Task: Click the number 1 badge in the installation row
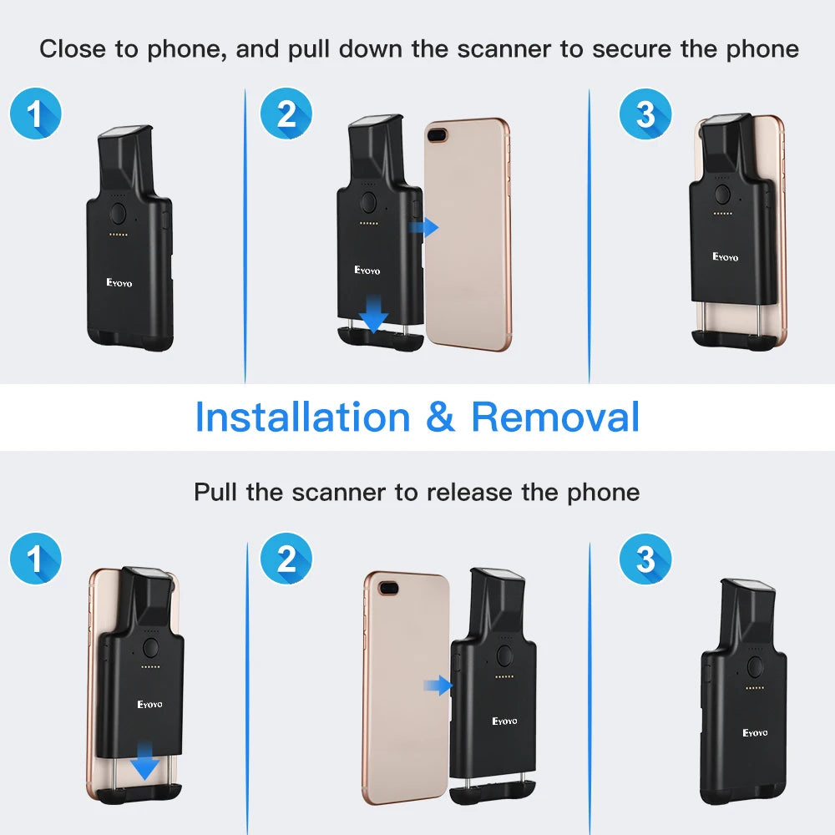click(x=35, y=114)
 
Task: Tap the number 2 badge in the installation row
click(x=286, y=114)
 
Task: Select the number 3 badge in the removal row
click(x=645, y=559)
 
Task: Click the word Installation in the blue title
click(x=302, y=417)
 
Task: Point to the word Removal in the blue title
click(x=555, y=417)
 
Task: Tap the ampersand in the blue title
click(x=440, y=417)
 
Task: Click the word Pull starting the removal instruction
click(x=216, y=492)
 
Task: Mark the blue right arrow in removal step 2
click(x=438, y=686)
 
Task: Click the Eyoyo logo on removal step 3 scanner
click(x=755, y=732)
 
